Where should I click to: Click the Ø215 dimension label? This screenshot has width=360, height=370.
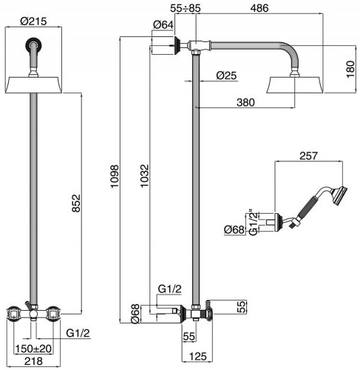(x=33, y=21)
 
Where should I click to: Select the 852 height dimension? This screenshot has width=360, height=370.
(x=76, y=203)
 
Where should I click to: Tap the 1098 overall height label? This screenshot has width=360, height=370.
(x=115, y=177)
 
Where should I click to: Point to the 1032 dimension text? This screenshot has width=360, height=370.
(x=145, y=176)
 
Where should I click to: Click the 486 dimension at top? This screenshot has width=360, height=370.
(x=259, y=8)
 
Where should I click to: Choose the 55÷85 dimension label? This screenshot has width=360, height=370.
(x=186, y=8)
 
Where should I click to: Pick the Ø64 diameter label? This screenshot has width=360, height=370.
(x=163, y=24)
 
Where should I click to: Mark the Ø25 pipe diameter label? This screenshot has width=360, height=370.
(x=226, y=75)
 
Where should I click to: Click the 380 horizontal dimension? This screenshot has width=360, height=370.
(x=245, y=102)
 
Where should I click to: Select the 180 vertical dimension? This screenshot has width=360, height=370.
(x=350, y=70)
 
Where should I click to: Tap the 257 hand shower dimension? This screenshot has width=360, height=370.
(x=308, y=156)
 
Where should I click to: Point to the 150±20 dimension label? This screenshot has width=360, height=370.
(x=33, y=349)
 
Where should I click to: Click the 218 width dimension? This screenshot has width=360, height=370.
(x=33, y=361)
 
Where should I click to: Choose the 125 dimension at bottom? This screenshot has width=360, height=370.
(x=198, y=357)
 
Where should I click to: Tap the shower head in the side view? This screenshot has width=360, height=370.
(x=294, y=85)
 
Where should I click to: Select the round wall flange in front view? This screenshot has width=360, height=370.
(x=33, y=44)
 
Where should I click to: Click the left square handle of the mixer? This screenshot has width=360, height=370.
(x=13, y=314)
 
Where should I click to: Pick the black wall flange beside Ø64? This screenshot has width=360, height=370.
(x=177, y=46)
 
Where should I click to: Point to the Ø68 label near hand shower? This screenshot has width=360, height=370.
(x=234, y=230)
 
